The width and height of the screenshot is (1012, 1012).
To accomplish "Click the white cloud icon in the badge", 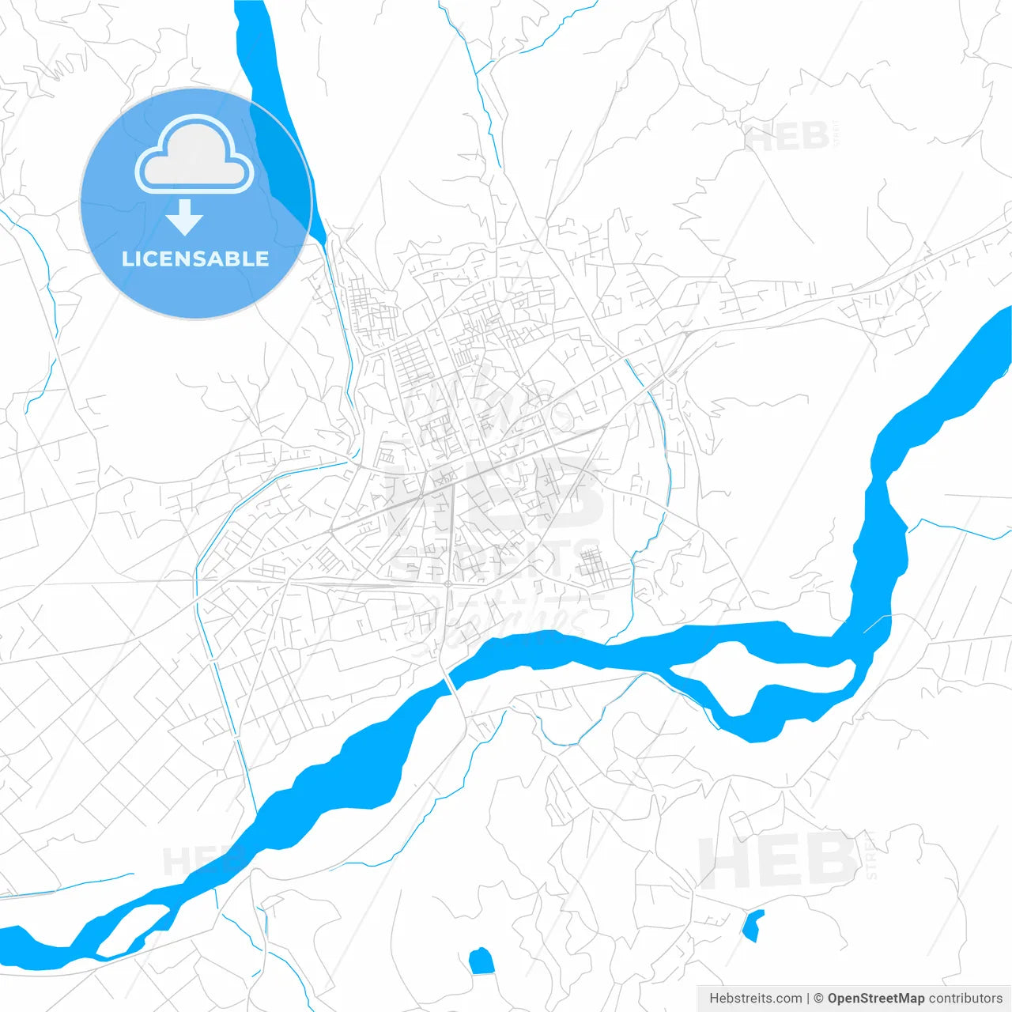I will click(194, 155).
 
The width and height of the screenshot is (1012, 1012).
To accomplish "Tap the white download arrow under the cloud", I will click(185, 217).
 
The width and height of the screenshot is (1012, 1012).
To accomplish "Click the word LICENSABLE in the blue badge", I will click(195, 259).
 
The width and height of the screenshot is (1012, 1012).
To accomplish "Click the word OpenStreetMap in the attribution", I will click(876, 999).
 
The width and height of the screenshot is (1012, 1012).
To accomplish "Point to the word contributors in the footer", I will click(965, 999).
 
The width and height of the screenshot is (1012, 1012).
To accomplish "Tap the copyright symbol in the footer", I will click(819, 999).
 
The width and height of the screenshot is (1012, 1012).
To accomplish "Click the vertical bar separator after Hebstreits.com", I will click(808, 999).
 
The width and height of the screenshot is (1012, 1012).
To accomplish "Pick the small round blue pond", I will click(481, 961).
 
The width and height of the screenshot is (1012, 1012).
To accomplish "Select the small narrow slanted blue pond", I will click(753, 925).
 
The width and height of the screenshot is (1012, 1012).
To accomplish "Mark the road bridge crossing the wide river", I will click(450, 681).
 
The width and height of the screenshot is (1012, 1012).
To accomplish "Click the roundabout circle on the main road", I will click(448, 584).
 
